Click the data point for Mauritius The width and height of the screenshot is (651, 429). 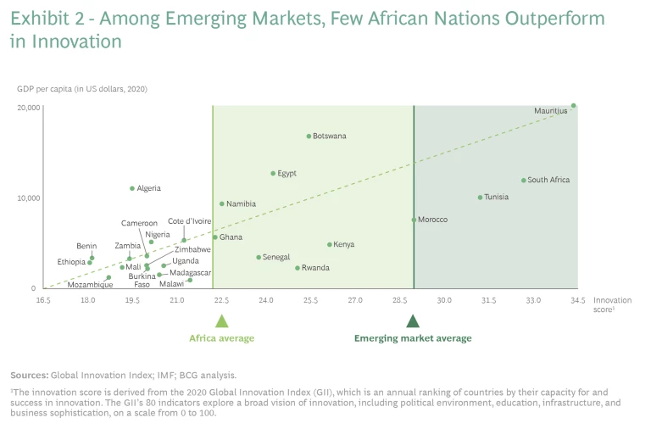[x=573, y=106]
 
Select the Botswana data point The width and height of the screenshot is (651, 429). [x=309, y=136]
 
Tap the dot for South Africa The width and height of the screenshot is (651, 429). [x=523, y=180]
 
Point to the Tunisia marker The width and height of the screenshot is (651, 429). [x=480, y=198]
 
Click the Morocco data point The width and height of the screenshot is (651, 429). [x=414, y=220]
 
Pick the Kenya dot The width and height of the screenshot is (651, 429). [x=330, y=244]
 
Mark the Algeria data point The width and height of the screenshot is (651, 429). [x=132, y=188]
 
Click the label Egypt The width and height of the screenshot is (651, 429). [x=287, y=173]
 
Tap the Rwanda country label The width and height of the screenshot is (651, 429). [x=314, y=268]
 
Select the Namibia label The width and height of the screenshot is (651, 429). [x=241, y=203]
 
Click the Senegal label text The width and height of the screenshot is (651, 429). [x=276, y=257]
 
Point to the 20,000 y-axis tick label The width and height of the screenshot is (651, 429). [x=28, y=108]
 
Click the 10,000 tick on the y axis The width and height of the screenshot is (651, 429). [x=28, y=198]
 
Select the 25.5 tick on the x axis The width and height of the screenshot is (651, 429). [x=309, y=300]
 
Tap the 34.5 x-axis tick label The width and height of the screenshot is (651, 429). [x=577, y=300]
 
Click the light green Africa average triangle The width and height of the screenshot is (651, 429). [x=221, y=320]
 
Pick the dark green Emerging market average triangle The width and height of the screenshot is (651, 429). [x=413, y=320]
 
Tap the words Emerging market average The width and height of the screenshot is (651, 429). [x=412, y=338]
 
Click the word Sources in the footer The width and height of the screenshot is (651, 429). [x=28, y=375]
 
